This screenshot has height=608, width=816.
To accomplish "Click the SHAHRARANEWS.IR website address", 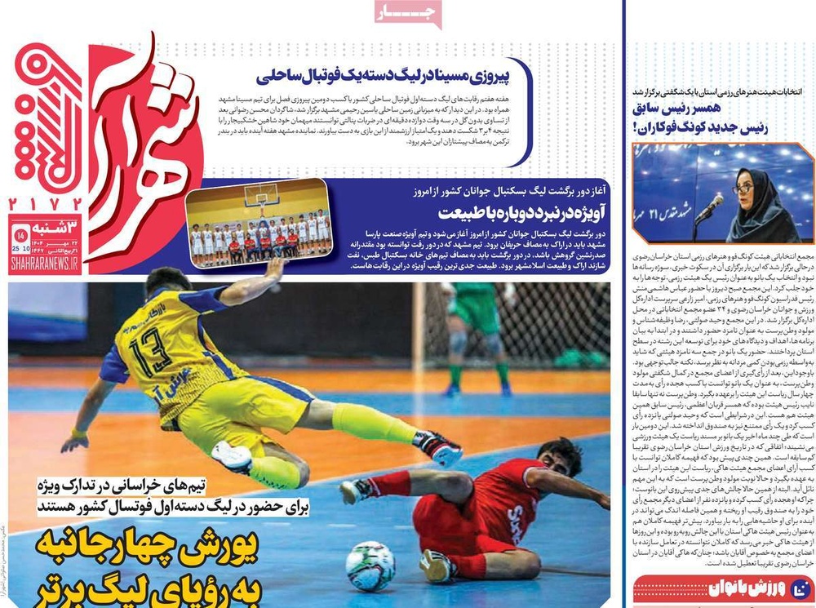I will coord(45,264).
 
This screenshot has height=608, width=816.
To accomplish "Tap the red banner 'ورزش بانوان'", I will coord(724,589).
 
